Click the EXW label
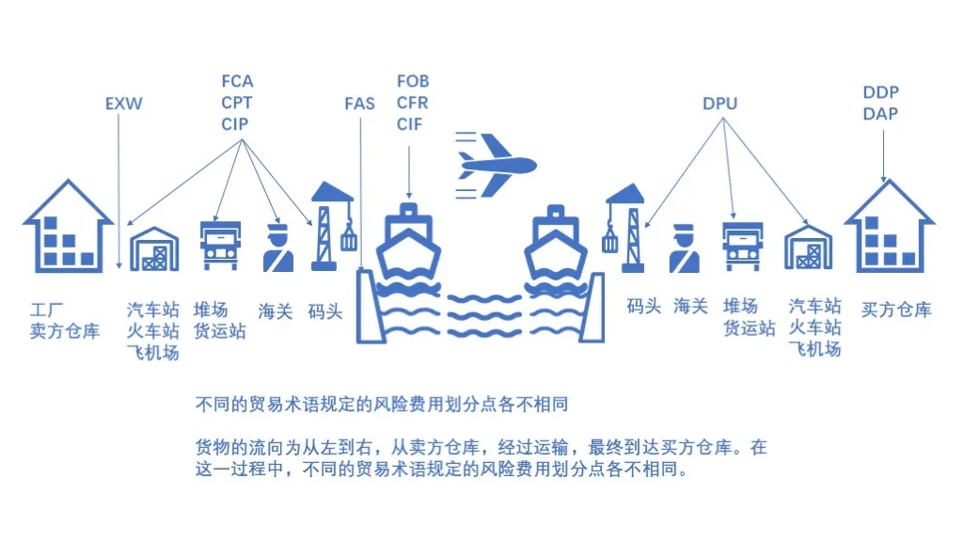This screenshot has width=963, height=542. coord(123,104)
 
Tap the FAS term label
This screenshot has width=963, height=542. coord(359,104)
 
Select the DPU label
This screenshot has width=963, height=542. coord(719,104)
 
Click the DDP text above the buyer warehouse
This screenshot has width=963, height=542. coord(880,92)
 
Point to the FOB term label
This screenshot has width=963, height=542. coord(413,82)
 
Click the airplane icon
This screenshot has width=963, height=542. coord(497,166)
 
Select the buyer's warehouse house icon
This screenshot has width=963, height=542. coord(889,228)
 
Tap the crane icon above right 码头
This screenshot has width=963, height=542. coord(624,227)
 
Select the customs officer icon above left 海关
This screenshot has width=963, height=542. coord(277,247)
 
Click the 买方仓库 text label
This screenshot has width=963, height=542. coord(896,310)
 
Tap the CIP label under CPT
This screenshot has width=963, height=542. coord(237,124)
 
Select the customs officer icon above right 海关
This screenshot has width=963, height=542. coord(685,247)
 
